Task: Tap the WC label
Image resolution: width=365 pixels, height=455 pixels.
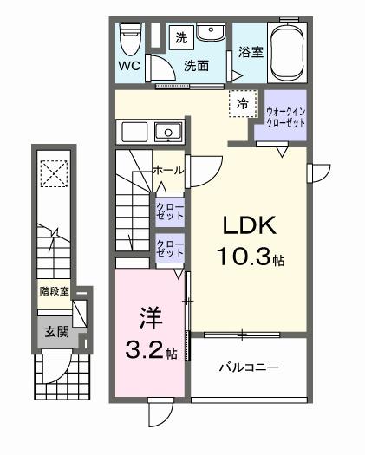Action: [x=129, y=66]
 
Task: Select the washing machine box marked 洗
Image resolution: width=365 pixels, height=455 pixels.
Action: [x=181, y=36]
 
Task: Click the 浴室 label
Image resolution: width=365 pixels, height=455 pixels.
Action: [x=251, y=52]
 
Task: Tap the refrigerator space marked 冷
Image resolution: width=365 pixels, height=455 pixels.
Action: [x=242, y=103]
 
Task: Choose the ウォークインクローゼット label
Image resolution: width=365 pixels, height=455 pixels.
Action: [x=285, y=115]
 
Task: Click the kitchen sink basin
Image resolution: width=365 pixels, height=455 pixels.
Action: [x=167, y=133]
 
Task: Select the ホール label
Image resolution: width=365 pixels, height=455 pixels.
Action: [x=167, y=171]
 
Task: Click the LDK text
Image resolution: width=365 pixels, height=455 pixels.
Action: [x=250, y=226]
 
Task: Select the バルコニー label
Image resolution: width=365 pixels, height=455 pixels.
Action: [x=248, y=367]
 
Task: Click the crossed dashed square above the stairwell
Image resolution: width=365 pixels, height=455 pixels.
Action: [x=55, y=174]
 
